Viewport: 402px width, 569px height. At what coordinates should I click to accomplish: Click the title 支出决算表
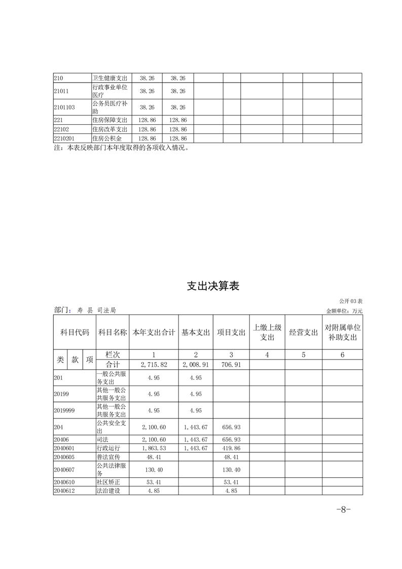pyautogui.click(x=213, y=286)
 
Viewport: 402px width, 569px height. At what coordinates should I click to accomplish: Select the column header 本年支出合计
pyautogui.click(x=154, y=332)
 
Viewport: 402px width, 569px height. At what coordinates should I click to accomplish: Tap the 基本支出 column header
pyautogui.click(x=195, y=332)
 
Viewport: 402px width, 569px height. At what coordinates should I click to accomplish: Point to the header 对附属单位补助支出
pyautogui.click(x=342, y=332)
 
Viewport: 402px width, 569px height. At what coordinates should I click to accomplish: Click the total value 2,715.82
pyautogui.click(x=154, y=365)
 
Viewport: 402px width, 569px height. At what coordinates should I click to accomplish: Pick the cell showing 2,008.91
pyautogui.click(x=196, y=365)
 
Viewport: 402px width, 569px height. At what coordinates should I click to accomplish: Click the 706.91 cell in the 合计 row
pyautogui.click(x=231, y=365)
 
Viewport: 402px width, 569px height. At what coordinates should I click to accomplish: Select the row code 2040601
pyautogui.click(x=64, y=448)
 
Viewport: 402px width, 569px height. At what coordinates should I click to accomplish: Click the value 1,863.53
pyautogui.click(x=154, y=448)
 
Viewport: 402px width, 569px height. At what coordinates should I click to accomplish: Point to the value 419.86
pyautogui.click(x=231, y=448)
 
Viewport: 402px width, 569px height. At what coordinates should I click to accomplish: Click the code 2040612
pyautogui.click(x=64, y=490)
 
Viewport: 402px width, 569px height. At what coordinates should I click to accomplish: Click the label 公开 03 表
pyautogui.click(x=351, y=301)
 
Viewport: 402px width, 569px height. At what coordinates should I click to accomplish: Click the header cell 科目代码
pyautogui.click(x=75, y=332)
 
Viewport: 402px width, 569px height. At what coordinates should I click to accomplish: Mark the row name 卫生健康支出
pyautogui.click(x=110, y=78)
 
